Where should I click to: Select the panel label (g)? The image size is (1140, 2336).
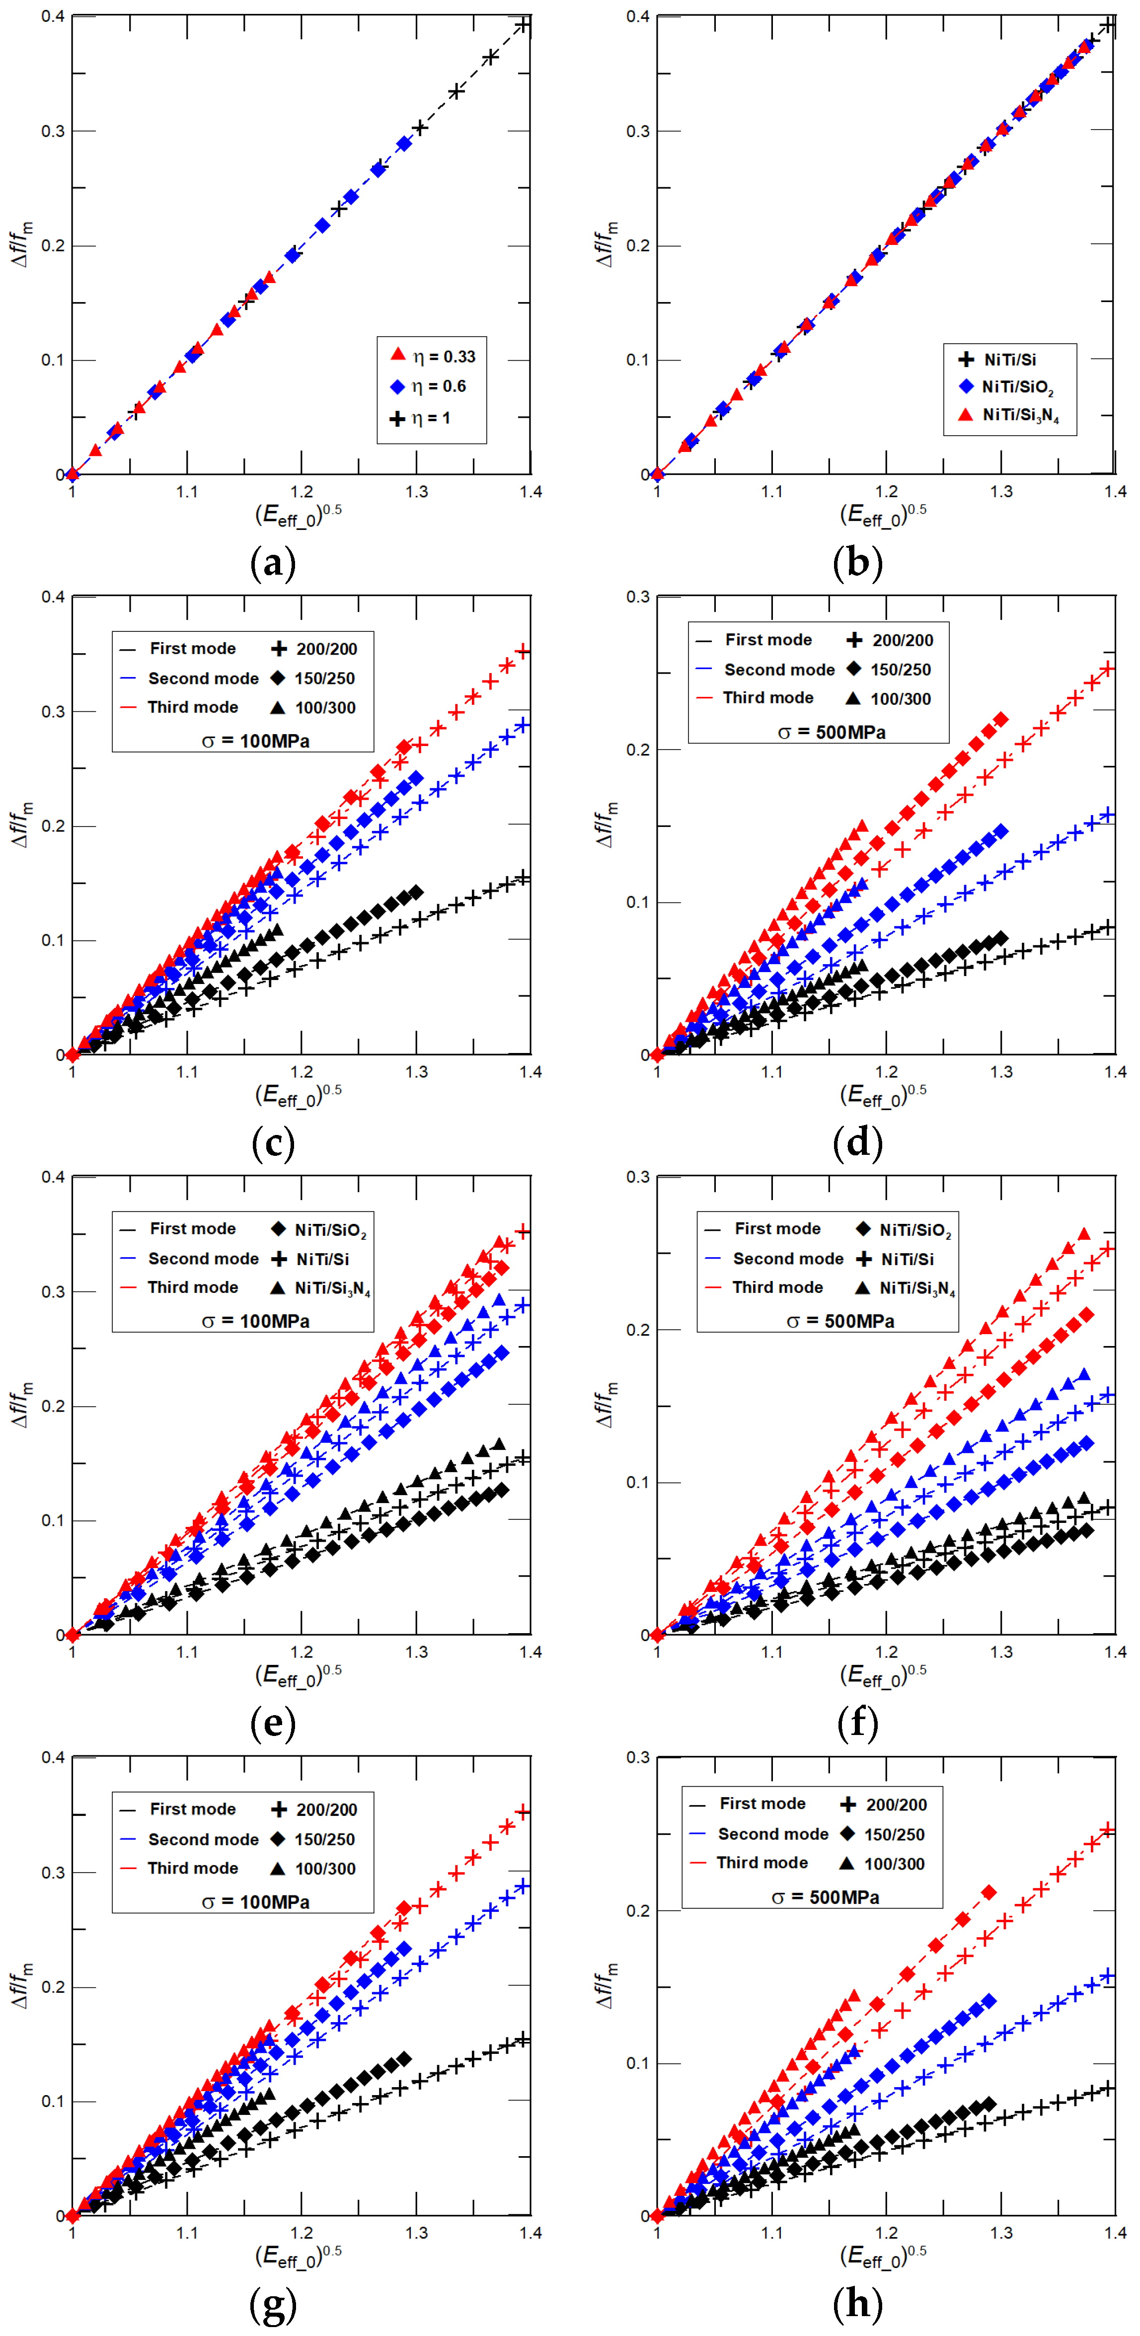[273, 2303]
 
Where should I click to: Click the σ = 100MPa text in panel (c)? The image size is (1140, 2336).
[256, 741]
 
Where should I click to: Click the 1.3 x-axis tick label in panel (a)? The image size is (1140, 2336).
[416, 492]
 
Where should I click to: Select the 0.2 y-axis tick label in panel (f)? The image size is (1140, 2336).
[638, 1329]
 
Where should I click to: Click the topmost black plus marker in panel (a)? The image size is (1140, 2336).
[523, 25]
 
